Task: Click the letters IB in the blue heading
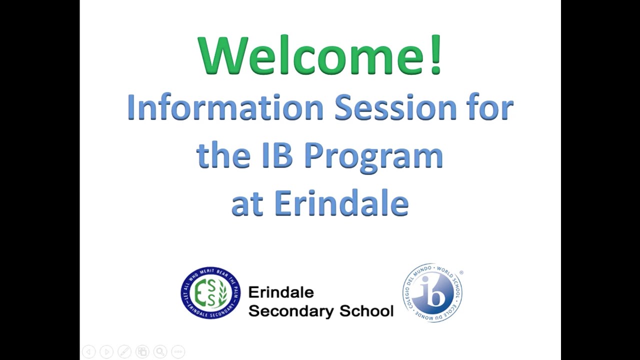coord(276,155)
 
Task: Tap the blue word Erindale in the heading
coord(341,203)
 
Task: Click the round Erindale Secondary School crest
coord(210,293)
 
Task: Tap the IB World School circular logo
coord(432,293)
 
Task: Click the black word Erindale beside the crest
coord(280,292)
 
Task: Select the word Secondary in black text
coord(291,311)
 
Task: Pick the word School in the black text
coord(366,311)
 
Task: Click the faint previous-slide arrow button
coord(88,352)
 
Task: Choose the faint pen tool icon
coord(124,352)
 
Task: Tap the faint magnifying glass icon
coord(160,352)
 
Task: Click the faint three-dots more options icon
coord(178,352)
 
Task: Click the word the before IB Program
coord(223,155)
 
